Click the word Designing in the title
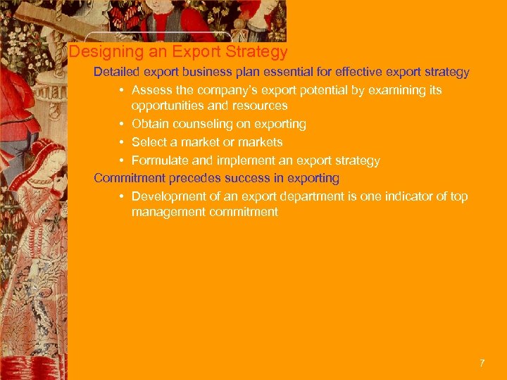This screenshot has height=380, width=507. (99, 52)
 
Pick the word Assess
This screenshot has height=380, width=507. (151, 90)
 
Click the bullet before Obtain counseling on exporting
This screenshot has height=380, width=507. (122, 124)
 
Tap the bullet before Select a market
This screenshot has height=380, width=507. (122, 142)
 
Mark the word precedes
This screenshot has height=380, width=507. (193, 178)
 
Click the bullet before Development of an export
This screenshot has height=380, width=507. (122, 196)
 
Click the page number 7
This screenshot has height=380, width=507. (482, 363)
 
